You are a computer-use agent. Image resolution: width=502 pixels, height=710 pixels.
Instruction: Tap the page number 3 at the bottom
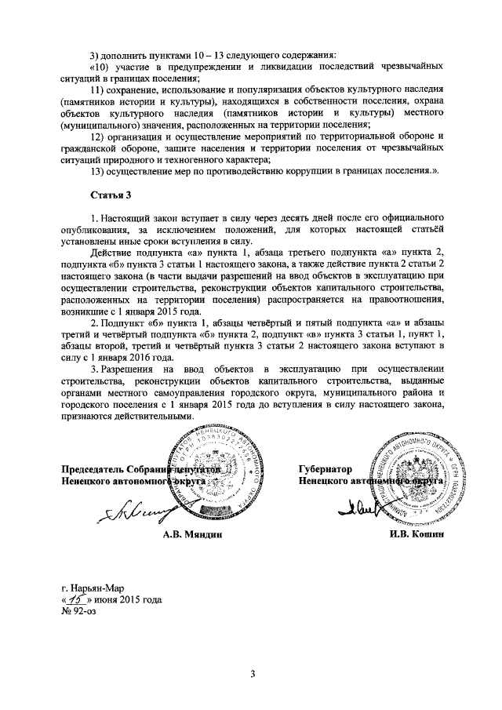(x=253, y=673)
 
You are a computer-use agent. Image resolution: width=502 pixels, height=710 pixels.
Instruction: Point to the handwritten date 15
(x=78, y=599)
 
